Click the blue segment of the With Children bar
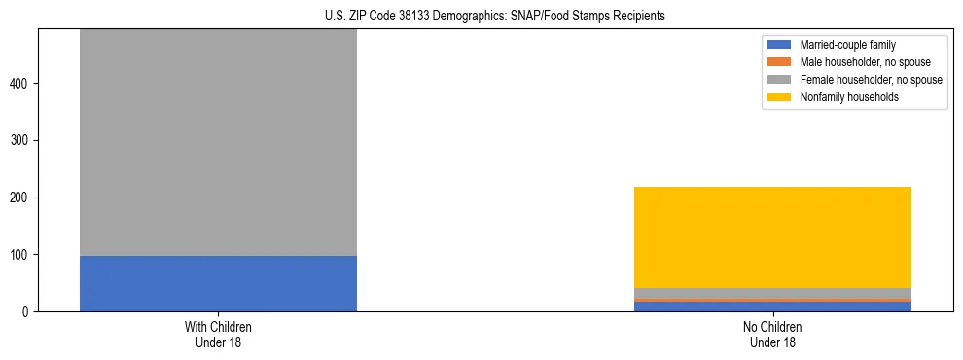[x=218, y=283]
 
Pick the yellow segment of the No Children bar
[x=772, y=237]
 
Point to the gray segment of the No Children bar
[x=772, y=293]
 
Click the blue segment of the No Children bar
[x=772, y=306]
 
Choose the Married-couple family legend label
[x=847, y=45]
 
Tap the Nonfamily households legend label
[x=849, y=97]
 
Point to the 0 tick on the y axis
[x=29, y=312]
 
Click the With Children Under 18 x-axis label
[x=218, y=335]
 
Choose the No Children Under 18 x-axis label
[x=772, y=335]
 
